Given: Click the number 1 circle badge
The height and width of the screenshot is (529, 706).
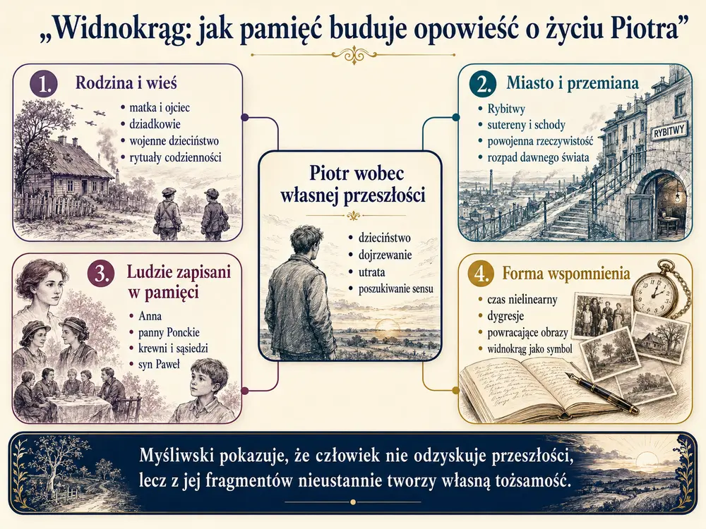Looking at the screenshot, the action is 44,84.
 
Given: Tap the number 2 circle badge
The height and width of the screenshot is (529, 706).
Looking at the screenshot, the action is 482,84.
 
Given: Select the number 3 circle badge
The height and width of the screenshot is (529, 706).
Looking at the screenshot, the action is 102,274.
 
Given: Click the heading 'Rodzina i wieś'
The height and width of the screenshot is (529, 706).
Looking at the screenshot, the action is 126,83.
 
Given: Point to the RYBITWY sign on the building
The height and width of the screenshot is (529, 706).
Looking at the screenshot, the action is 669,133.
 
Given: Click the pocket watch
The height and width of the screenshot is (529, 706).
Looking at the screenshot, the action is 655,293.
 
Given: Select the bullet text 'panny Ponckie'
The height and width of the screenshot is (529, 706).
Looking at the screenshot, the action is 169,332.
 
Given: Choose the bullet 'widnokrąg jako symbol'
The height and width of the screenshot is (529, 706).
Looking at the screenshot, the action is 529,349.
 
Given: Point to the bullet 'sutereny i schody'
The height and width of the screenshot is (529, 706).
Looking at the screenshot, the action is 526,125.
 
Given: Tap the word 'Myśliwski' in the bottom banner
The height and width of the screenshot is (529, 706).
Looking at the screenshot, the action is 176,457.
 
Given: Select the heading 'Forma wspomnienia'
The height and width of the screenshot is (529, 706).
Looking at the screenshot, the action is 566,274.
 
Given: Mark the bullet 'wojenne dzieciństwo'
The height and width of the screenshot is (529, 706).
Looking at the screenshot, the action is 174,141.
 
